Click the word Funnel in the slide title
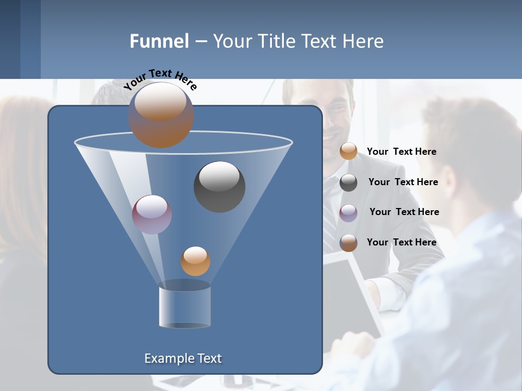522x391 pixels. pyautogui.click(x=159, y=41)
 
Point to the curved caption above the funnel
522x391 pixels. pyautogui.click(x=160, y=79)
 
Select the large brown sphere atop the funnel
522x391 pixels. pyautogui.click(x=161, y=115)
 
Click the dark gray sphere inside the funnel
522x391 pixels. pyautogui.click(x=220, y=186)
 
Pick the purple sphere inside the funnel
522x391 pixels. pyautogui.click(x=152, y=214)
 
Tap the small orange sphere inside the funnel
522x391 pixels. pyautogui.click(x=195, y=261)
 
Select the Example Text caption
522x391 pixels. pyautogui.click(x=183, y=358)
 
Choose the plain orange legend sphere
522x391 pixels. pyautogui.click(x=349, y=152)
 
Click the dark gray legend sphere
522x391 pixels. pyautogui.click(x=349, y=182)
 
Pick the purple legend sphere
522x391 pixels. pyautogui.click(x=349, y=212)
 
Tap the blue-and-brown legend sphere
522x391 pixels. pyautogui.click(x=349, y=243)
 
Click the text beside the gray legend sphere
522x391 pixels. pyautogui.click(x=403, y=182)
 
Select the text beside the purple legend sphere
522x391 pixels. pyautogui.click(x=404, y=212)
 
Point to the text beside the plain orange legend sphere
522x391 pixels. pyautogui.click(x=401, y=152)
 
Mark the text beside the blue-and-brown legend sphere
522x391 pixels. pyautogui.click(x=401, y=242)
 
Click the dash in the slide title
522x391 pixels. pyautogui.click(x=200, y=42)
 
